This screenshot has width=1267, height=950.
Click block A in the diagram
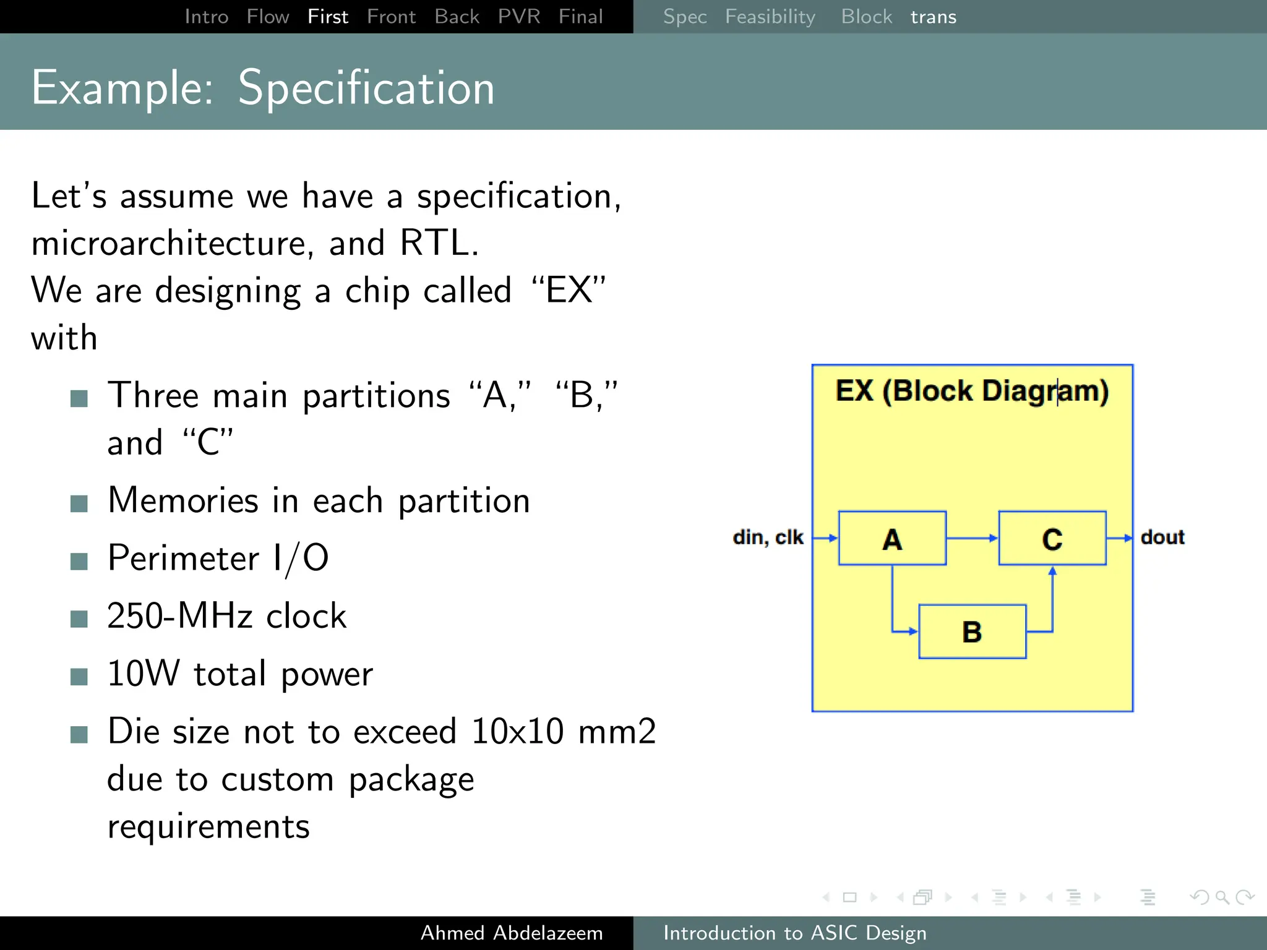point(891,538)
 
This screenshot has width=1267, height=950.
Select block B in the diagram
point(972,631)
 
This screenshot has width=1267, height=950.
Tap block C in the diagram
point(1052,538)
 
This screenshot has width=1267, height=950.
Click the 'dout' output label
point(1162,537)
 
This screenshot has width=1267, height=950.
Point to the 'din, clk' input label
point(768,537)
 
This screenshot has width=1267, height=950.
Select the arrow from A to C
point(972,538)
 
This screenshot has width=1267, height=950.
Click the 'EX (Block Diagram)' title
point(972,391)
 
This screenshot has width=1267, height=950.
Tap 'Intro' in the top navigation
point(207,17)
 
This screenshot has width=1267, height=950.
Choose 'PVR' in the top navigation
point(518,17)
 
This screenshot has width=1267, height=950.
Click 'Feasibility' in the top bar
point(770,17)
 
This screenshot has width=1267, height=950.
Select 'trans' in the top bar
point(933,17)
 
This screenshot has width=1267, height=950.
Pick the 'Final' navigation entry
point(580,17)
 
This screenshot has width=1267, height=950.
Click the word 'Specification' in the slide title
point(366,88)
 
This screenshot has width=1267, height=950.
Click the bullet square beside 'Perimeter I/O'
point(79,562)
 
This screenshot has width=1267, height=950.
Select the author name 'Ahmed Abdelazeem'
point(512,933)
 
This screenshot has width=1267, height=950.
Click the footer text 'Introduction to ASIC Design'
point(795,933)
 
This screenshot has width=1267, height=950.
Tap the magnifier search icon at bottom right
point(1222,897)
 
